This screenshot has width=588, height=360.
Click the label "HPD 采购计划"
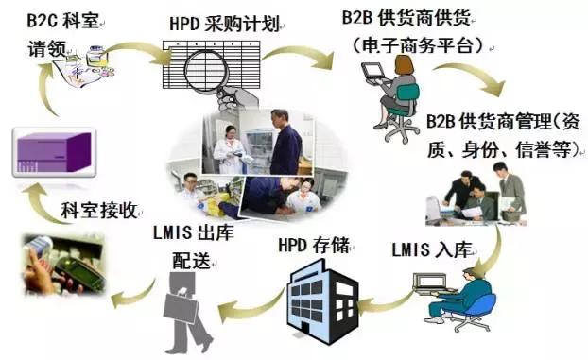point(225,25)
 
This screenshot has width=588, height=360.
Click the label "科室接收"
point(98,211)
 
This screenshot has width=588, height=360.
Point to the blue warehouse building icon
point(322,301)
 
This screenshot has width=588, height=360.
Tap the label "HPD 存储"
point(314,246)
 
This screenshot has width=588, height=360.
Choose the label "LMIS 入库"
point(432,249)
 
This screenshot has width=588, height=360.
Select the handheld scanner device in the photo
point(79,274)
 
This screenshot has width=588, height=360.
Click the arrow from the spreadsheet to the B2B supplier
point(298,56)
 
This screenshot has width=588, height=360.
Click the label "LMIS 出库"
point(194,232)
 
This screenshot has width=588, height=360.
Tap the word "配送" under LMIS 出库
point(191,260)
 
